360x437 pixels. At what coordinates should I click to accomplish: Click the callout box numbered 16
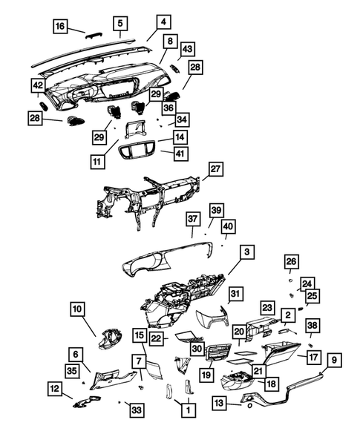tap(61, 27)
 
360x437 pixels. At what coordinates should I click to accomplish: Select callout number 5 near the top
tap(120, 23)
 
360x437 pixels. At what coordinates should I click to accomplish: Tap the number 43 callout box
tap(187, 49)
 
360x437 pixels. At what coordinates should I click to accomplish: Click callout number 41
tap(180, 154)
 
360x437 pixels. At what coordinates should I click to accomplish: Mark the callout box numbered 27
tap(215, 170)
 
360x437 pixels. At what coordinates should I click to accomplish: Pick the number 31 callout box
tap(235, 295)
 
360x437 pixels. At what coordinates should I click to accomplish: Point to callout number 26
tap(292, 261)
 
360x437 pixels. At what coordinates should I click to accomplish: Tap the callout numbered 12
tap(55, 387)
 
